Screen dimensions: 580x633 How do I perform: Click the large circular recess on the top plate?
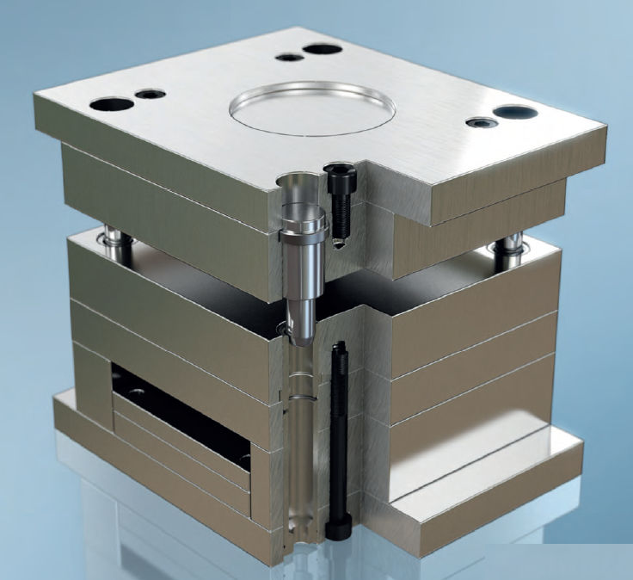tap(312, 108)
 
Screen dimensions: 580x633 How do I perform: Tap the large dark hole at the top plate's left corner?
tap(111, 104)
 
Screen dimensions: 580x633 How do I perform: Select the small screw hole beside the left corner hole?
tap(151, 93)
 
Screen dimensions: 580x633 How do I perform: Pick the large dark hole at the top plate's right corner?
tap(515, 112)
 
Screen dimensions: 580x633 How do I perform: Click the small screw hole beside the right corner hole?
tap(477, 123)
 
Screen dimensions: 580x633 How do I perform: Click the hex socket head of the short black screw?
tap(335, 172)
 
